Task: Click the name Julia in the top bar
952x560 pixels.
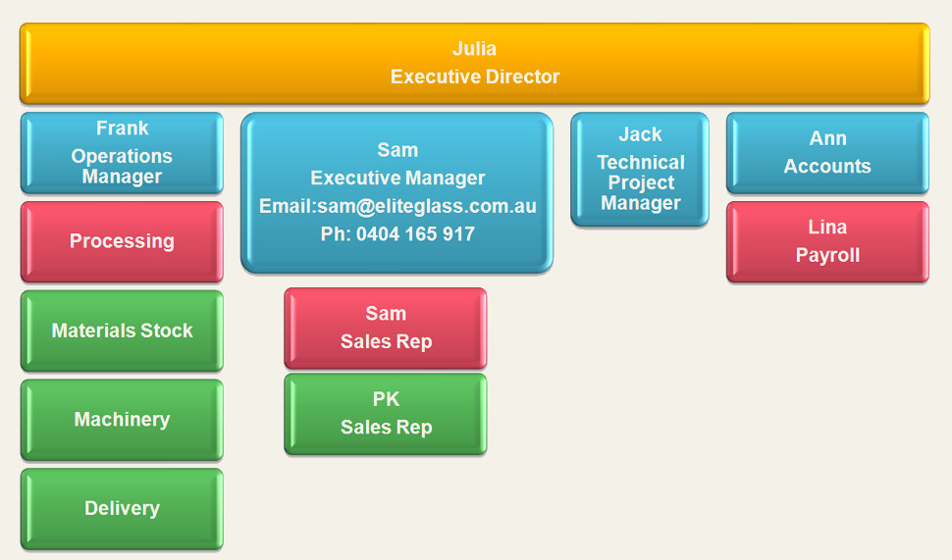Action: (474, 48)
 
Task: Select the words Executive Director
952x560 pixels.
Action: (475, 76)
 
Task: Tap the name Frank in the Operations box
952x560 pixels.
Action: (122, 128)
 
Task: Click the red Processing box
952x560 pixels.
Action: (122, 241)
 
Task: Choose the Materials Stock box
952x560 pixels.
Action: (122, 331)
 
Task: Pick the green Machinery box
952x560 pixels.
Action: (122, 420)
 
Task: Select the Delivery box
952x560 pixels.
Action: (122, 508)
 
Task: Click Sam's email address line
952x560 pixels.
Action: (397, 206)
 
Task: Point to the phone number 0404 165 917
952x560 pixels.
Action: (415, 234)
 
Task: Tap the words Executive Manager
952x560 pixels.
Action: (397, 178)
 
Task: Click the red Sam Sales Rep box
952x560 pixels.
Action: (386, 329)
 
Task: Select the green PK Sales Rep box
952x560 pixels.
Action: (386, 414)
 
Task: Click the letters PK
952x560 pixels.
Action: (386, 399)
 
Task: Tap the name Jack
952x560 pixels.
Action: (640, 134)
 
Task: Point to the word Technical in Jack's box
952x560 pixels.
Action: (641, 162)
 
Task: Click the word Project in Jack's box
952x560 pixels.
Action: (641, 182)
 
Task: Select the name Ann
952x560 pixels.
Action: (827, 138)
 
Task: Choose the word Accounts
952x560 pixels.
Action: (827, 167)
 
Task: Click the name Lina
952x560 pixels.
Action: (827, 227)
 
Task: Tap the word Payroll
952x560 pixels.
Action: (827, 255)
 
